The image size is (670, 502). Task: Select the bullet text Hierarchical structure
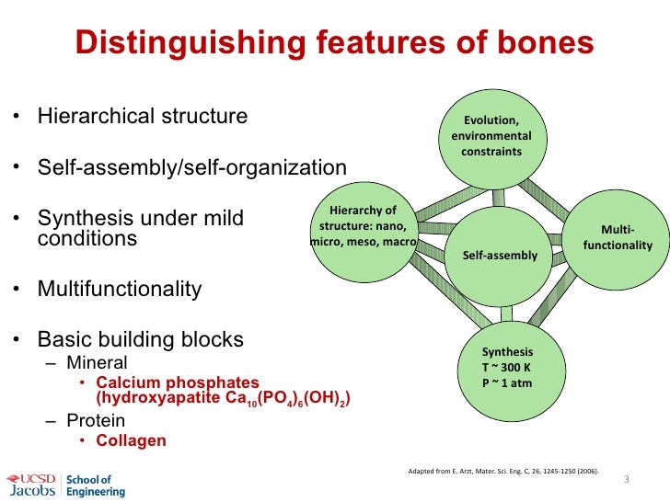click(142, 117)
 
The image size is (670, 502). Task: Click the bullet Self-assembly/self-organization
click(191, 168)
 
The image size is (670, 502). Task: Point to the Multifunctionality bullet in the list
click(119, 289)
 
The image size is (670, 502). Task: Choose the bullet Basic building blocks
click(140, 339)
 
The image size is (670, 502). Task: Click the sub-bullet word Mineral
click(97, 362)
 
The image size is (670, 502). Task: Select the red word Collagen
click(131, 440)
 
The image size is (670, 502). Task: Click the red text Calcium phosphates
click(177, 382)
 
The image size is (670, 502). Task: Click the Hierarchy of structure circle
click(363, 229)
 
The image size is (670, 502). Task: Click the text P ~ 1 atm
click(507, 382)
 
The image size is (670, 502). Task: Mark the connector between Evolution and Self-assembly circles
click(498, 197)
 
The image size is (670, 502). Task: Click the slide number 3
click(627, 480)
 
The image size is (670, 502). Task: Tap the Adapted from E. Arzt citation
click(502, 472)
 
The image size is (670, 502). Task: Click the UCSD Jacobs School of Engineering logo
click(64, 485)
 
